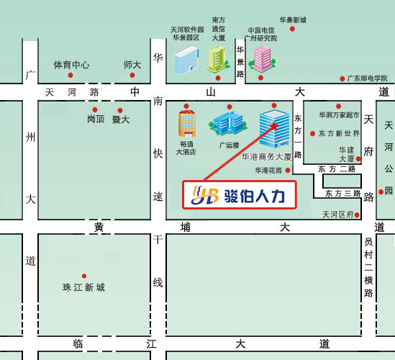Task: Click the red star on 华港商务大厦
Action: tap(274, 127)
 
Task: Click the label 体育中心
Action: tap(72, 65)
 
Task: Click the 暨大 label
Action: tap(121, 120)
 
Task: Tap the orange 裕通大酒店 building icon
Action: tap(186, 125)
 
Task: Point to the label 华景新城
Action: tap(293, 20)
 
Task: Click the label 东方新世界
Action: tap(339, 133)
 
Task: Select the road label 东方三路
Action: tap(342, 194)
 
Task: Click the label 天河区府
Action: tap(338, 215)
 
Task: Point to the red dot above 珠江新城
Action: tap(84, 276)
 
